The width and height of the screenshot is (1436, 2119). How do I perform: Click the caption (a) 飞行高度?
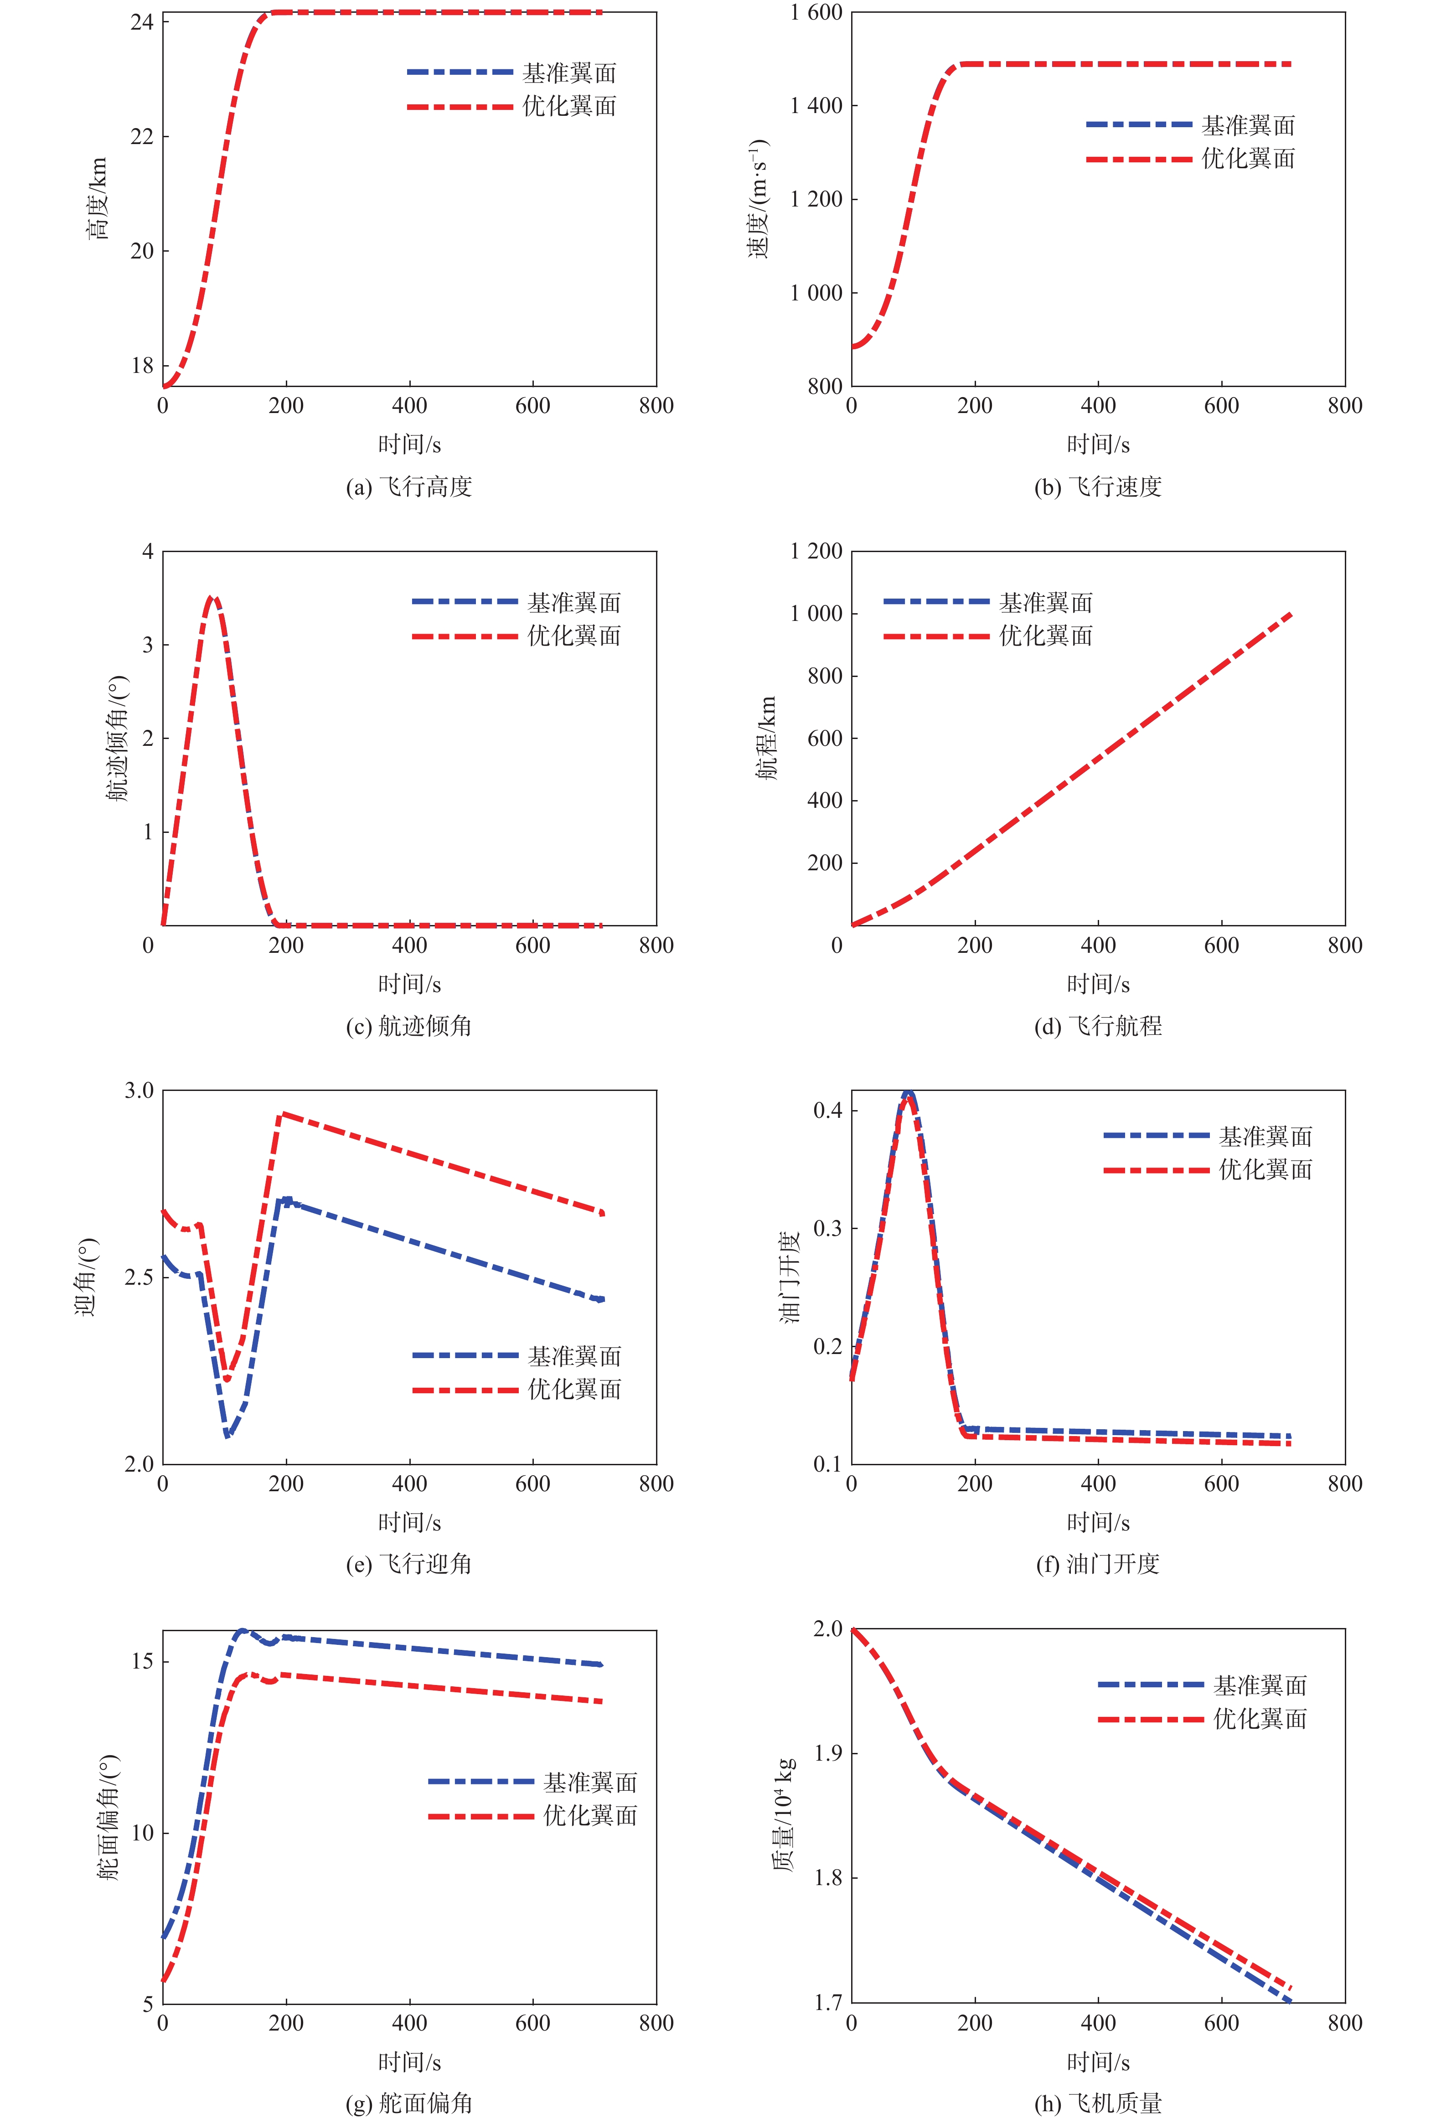tap(408, 487)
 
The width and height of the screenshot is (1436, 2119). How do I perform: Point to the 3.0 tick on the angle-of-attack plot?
tap(139, 1091)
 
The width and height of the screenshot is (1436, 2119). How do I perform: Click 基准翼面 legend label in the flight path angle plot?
tap(574, 603)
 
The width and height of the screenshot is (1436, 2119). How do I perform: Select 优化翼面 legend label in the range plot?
tap(1046, 636)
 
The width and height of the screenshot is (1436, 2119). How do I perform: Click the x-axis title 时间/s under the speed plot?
tap(1098, 445)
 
